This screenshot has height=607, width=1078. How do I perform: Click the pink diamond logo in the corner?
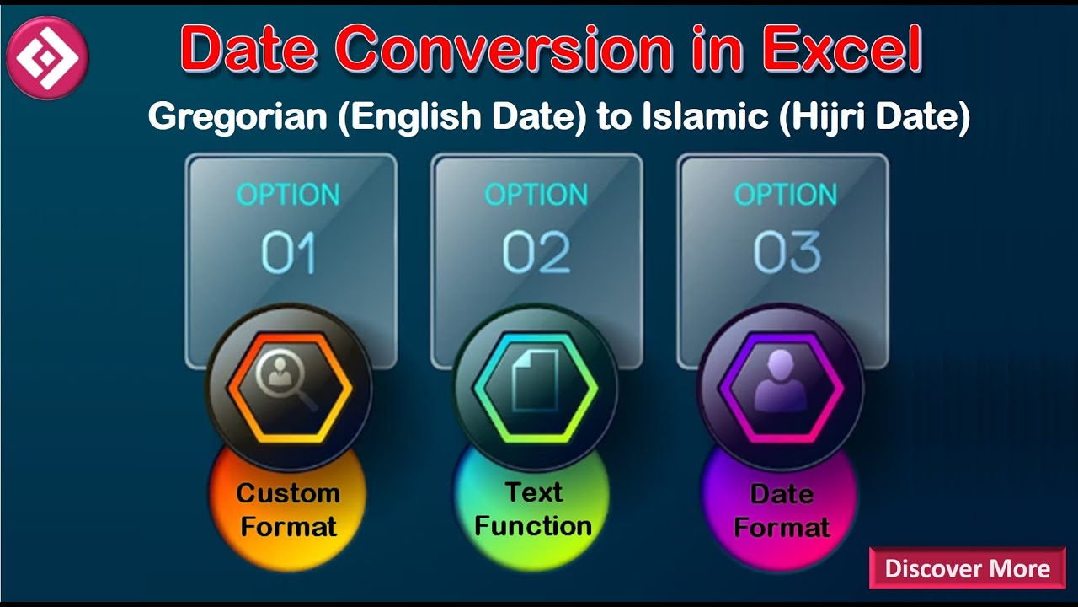tap(47, 57)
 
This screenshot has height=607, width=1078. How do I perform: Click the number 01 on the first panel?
tap(288, 253)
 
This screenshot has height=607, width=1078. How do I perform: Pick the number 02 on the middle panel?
tap(536, 253)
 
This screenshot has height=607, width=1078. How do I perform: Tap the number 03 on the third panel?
tap(786, 253)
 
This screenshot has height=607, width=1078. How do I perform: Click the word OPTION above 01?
tap(288, 195)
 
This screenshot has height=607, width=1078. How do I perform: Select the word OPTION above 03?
tap(786, 195)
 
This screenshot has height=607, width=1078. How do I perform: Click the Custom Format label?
tap(288, 510)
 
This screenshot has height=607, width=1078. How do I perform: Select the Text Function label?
tap(533, 509)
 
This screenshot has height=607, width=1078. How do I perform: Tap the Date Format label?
tap(782, 511)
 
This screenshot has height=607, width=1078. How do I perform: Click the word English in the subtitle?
tap(411, 117)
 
